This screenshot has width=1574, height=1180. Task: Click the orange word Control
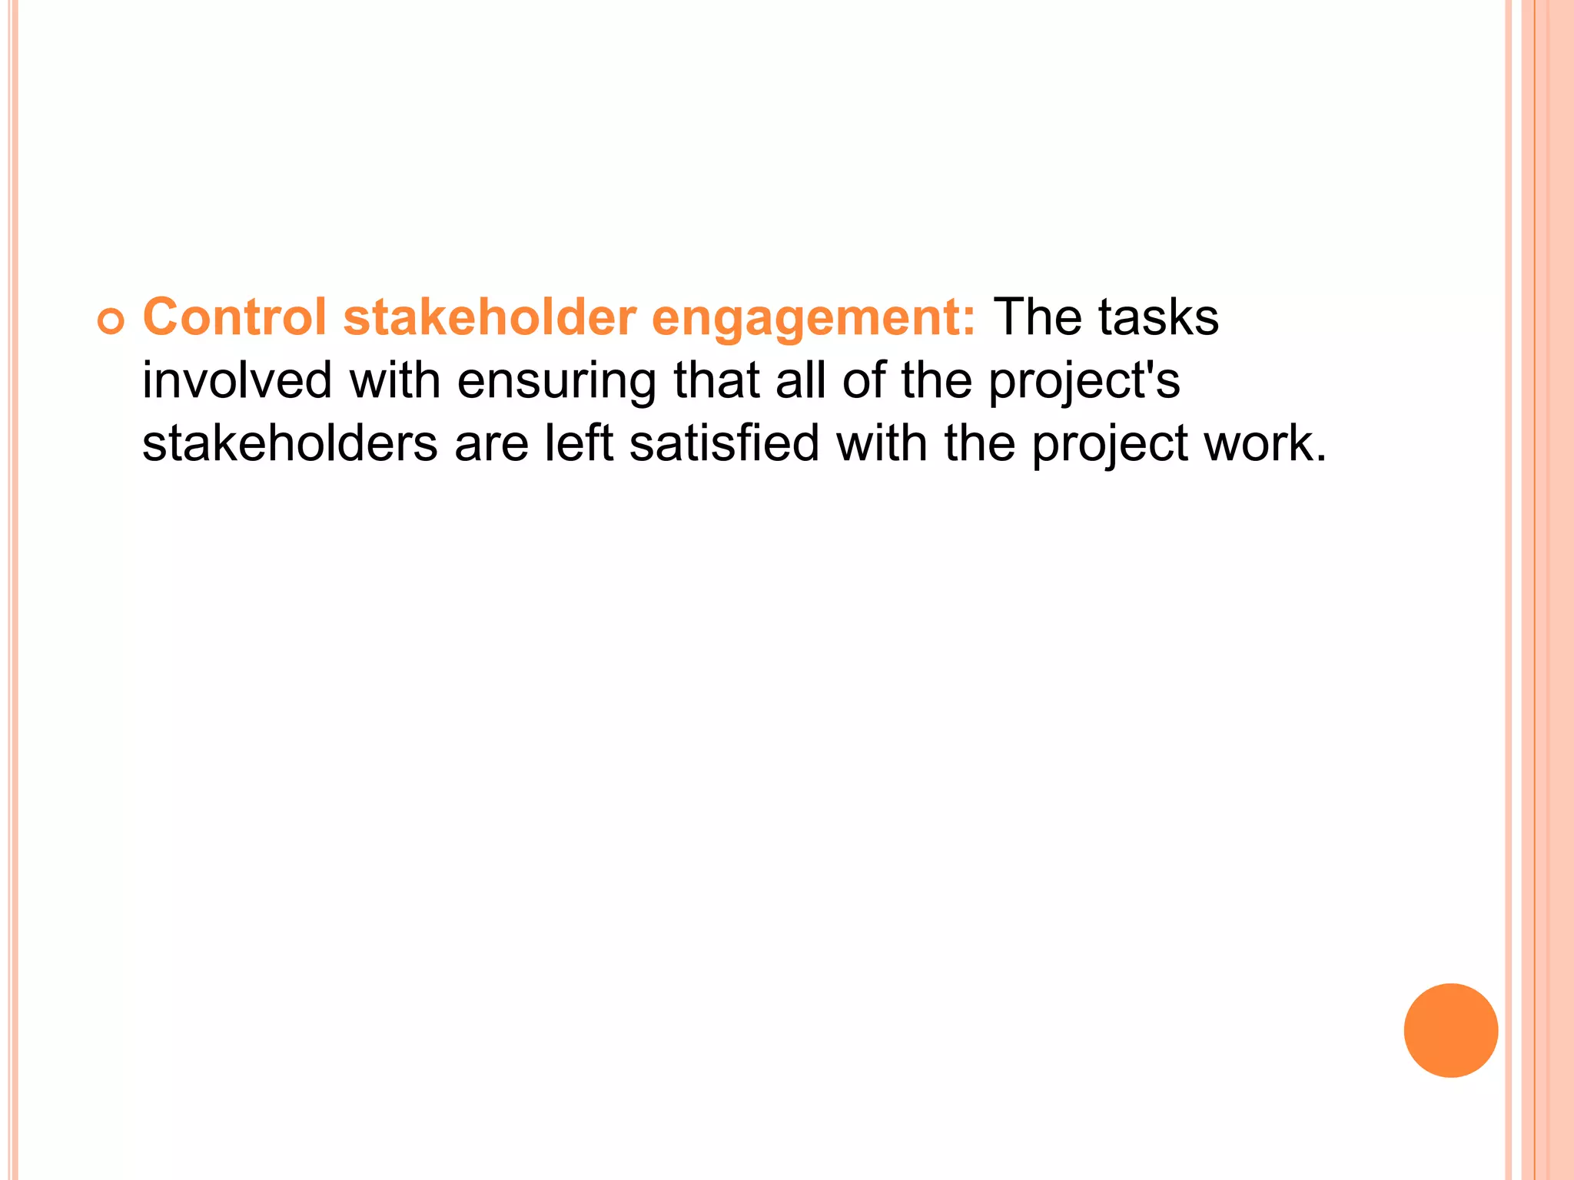[234, 317]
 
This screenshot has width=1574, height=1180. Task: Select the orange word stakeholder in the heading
[490, 317]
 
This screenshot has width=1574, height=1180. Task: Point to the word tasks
[1158, 317]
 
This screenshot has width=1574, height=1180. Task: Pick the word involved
[237, 380]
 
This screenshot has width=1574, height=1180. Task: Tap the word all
[800, 380]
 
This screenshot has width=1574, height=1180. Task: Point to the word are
[491, 446]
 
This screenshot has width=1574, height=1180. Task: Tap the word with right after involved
[395, 380]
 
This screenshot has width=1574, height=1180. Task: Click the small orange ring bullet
[111, 323]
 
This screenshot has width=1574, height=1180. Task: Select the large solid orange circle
[1450, 1030]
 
